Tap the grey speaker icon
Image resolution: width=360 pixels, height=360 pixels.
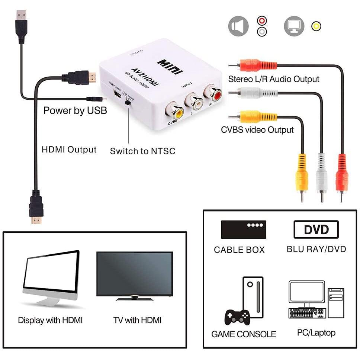(238, 26)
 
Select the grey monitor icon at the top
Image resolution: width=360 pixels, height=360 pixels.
(294, 26)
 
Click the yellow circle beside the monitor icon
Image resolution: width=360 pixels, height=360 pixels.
(316, 26)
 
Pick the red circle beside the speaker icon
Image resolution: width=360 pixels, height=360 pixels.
(262, 21)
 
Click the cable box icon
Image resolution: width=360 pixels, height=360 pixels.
(244, 229)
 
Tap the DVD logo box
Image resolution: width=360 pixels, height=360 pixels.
(316, 229)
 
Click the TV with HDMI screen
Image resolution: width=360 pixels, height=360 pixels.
(134, 274)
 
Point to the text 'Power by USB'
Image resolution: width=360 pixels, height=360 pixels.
(75, 110)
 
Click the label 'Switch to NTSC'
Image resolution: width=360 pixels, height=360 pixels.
(142, 151)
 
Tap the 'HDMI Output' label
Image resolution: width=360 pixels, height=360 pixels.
(69, 150)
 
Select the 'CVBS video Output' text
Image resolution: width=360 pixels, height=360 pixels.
(257, 130)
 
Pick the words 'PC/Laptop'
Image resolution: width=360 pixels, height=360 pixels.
(316, 332)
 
